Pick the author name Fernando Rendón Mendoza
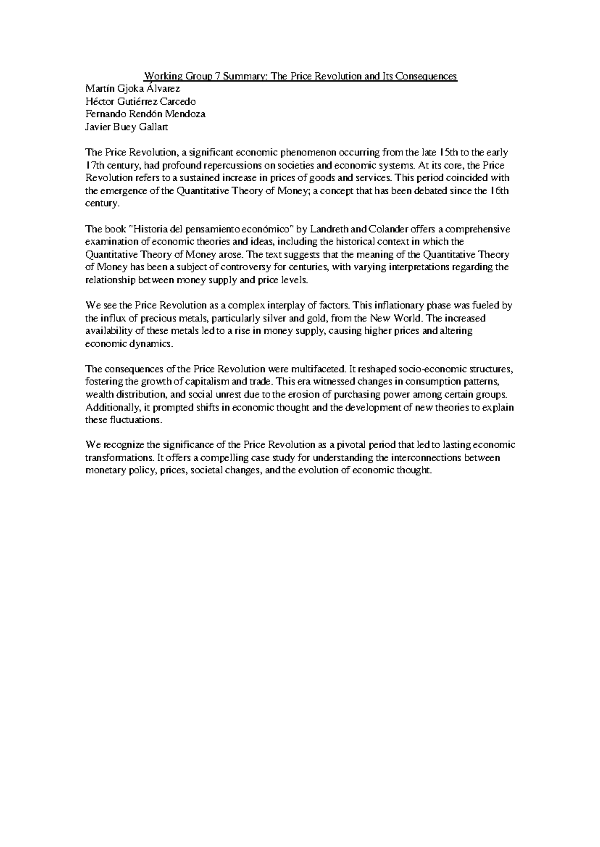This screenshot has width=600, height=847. tap(145, 114)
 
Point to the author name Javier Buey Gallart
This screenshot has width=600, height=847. tap(127, 127)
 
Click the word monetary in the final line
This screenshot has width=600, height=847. tap(105, 470)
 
